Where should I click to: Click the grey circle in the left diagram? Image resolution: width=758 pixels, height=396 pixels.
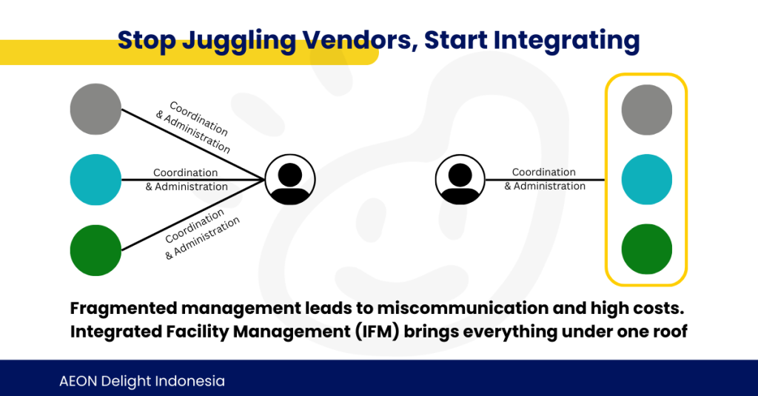(x=95, y=109)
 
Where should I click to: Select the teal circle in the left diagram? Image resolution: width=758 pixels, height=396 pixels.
(x=95, y=180)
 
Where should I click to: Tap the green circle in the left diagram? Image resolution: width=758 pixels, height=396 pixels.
(x=95, y=250)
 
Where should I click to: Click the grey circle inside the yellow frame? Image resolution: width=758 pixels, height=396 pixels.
(x=647, y=110)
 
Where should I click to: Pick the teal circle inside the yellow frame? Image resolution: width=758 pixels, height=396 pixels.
(x=647, y=179)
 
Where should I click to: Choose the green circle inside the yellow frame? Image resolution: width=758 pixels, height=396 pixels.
(x=647, y=249)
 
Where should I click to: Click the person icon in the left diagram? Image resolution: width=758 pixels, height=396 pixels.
(x=290, y=180)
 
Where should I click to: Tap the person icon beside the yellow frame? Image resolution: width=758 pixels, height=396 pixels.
(x=460, y=179)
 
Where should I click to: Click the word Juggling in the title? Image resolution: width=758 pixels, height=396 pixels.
(x=239, y=41)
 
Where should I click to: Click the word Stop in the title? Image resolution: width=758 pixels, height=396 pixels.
(x=147, y=41)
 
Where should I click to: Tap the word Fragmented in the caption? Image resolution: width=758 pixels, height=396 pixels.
(x=124, y=309)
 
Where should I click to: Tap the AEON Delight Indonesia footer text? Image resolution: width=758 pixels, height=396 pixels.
(x=142, y=381)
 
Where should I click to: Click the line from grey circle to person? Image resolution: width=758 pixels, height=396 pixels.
(x=193, y=144)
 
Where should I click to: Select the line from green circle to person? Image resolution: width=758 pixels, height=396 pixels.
(x=193, y=215)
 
